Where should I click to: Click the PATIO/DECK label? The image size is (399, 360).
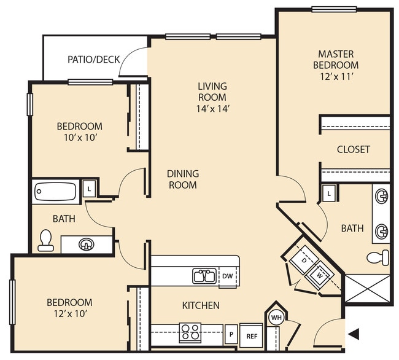92,60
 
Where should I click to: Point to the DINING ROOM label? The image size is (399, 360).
182,179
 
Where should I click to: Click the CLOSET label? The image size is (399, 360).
353,149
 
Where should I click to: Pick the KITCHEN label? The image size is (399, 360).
201,305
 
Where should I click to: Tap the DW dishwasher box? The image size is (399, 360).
227,276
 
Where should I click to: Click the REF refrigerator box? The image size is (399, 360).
251,336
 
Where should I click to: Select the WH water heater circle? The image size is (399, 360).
276,318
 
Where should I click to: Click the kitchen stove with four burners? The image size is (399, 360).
190,332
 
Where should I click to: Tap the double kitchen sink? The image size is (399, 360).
204,276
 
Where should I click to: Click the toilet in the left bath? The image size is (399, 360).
46,240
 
